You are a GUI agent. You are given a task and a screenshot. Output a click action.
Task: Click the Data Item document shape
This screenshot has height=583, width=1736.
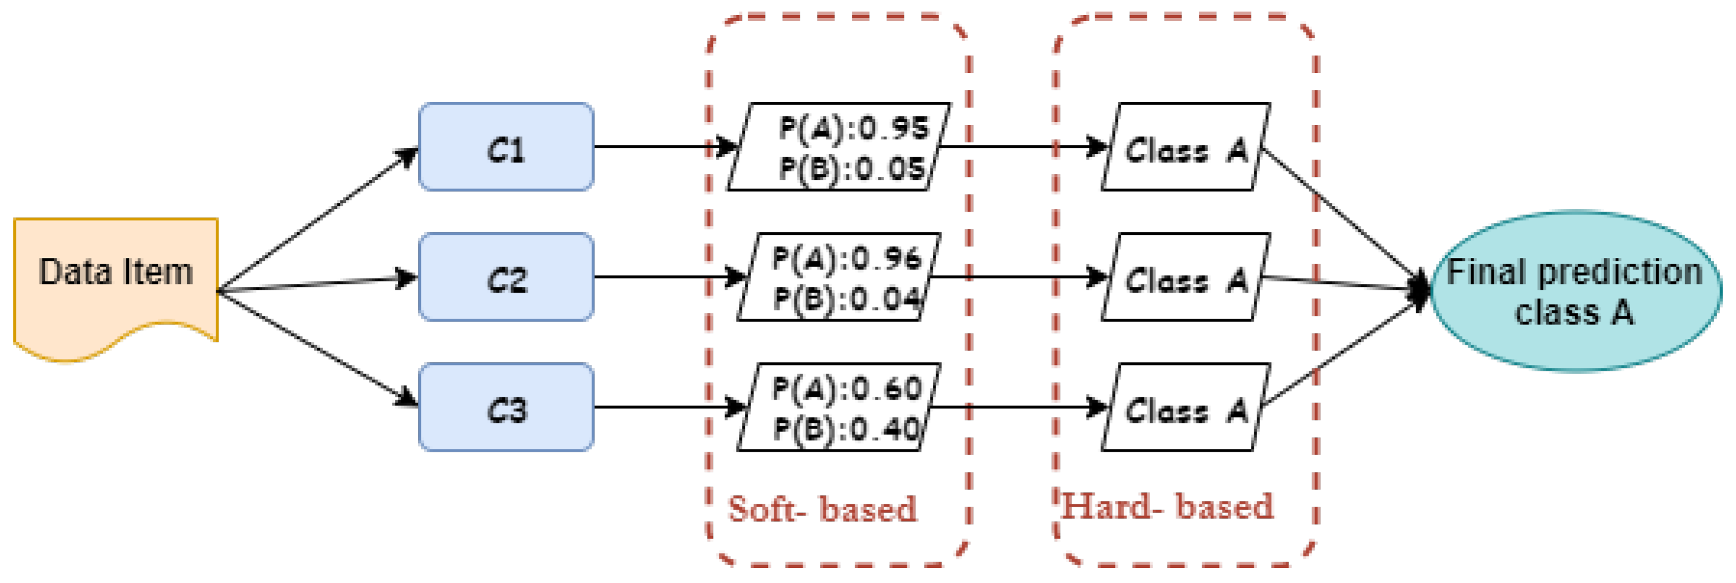click(x=116, y=283)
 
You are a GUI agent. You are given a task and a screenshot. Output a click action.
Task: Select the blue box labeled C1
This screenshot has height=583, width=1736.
click(x=506, y=147)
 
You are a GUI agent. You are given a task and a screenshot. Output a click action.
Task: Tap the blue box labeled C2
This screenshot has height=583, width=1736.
click(x=506, y=277)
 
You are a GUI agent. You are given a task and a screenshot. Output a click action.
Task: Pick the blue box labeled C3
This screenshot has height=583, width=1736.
click(x=506, y=407)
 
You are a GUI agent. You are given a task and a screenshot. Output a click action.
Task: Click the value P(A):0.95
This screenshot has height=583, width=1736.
click(x=853, y=128)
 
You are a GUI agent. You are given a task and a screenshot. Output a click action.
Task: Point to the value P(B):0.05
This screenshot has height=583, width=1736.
click(x=851, y=168)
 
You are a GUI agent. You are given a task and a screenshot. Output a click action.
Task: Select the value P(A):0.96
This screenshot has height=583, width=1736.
click(x=847, y=258)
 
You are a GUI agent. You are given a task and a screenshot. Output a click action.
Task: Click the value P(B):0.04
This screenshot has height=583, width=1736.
click(x=847, y=297)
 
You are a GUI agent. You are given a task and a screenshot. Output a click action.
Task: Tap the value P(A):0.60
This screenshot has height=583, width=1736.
click(x=847, y=388)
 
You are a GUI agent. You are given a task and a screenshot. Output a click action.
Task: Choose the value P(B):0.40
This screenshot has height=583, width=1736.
click(x=847, y=428)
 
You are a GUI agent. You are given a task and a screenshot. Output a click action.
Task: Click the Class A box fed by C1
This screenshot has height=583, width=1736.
click(x=1186, y=147)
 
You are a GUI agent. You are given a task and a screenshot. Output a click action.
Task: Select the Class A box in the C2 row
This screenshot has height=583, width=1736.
click(x=1186, y=277)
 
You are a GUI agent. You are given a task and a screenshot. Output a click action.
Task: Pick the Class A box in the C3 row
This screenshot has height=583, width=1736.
click(x=1186, y=407)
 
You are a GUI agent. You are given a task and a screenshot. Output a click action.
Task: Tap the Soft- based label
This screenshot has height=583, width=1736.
click(x=822, y=508)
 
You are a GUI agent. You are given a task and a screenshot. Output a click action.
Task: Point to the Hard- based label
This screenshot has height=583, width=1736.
click(x=1167, y=506)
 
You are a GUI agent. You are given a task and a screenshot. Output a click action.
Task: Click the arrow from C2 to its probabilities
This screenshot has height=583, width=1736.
click(x=667, y=277)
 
